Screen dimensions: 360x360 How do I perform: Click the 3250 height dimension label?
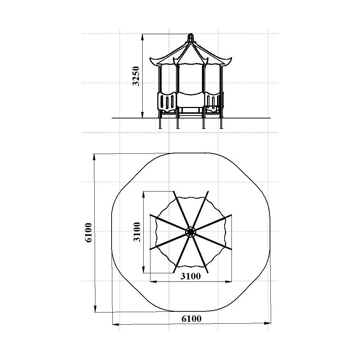(136, 76)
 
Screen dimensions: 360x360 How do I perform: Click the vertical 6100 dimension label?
(89, 232)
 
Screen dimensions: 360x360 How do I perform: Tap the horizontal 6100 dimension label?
(191, 319)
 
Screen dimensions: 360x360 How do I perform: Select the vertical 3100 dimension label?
(137, 232)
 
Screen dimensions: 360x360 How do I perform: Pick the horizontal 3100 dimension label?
(190, 276)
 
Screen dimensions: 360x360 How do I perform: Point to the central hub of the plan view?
(190, 232)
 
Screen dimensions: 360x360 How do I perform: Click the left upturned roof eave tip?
(150, 59)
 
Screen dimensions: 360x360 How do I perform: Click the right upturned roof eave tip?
(231, 59)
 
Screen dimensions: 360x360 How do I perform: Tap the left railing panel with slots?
(167, 102)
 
